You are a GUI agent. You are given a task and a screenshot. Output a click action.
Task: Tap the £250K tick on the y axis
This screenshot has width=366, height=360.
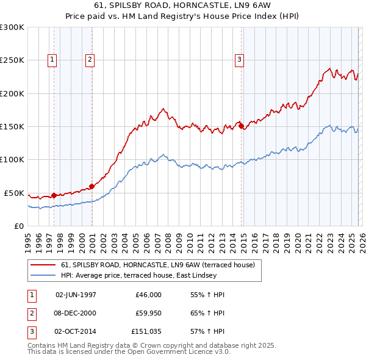coord(12,60)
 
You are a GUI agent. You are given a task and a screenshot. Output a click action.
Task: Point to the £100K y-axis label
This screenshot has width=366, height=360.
coord(12,159)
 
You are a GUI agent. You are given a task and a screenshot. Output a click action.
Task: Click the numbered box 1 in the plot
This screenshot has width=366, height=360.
coord(52,59)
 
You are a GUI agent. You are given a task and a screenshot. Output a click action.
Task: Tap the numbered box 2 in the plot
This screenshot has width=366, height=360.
coord(90,59)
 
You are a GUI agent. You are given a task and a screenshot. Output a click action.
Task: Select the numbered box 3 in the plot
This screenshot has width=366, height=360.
coord(239,59)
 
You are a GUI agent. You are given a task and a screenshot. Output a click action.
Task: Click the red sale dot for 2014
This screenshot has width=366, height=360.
coord(242,126)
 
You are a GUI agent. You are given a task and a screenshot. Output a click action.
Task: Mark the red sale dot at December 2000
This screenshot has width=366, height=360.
coord(92,186)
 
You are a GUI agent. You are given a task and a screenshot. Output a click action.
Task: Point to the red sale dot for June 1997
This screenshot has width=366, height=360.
coord(54,195)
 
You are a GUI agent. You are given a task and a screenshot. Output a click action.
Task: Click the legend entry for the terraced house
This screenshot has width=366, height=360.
coord(152,265)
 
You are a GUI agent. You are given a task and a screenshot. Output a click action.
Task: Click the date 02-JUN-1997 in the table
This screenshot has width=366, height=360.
coord(76,295)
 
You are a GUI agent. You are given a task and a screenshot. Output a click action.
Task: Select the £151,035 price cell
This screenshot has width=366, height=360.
coord(146,333)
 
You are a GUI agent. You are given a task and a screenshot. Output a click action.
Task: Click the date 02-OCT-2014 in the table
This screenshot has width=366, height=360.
coord(76,333)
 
